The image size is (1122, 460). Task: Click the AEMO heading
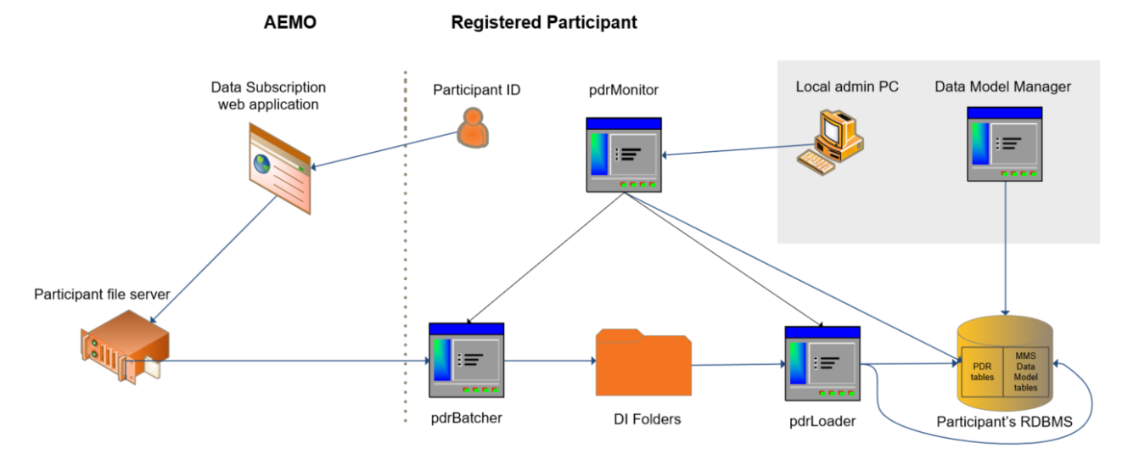[290, 23]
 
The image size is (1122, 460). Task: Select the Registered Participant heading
[543, 23]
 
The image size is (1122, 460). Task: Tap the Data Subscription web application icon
[279, 161]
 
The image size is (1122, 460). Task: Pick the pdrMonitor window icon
[624, 154]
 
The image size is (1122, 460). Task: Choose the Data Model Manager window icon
[1005, 143]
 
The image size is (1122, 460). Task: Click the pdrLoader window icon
[822, 362]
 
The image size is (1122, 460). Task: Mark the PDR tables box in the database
[982, 372]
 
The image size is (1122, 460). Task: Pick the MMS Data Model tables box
[1026, 372]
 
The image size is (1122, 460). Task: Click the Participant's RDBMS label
[1004, 421]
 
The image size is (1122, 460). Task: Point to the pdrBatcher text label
[466, 417]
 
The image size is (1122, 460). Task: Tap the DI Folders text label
[647, 418]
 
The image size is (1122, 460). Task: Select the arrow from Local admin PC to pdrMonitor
[730, 152]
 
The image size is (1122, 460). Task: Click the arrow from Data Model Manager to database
[1006, 246]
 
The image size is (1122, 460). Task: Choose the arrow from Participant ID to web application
[382, 149]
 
